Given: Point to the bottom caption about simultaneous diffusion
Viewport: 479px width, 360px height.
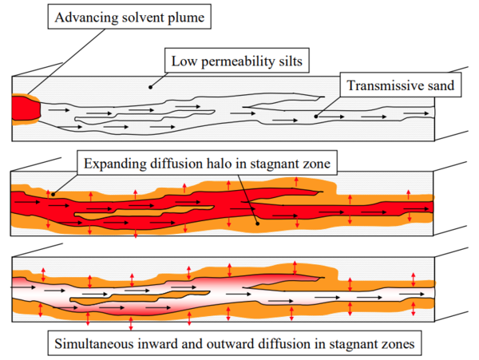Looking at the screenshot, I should tap(236, 345).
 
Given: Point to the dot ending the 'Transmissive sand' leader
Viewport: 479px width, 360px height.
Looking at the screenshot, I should tap(316, 117).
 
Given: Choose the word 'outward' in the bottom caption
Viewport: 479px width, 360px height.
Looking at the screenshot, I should tap(259, 345).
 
